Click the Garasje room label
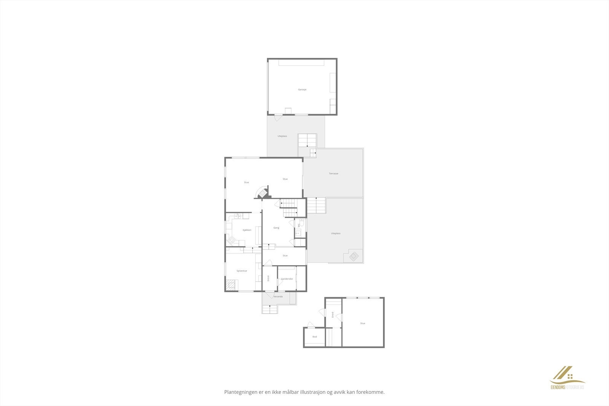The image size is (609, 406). click(x=302, y=89)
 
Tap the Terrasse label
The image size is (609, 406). click(x=333, y=174)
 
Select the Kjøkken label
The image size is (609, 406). click(x=247, y=230)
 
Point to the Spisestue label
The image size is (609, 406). click(x=242, y=271)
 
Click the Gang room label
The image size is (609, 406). click(x=276, y=228)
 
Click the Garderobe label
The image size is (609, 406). click(x=287, y=279)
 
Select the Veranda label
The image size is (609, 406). click(x=278, y=296)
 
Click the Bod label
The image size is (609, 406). click(x=314, y=337)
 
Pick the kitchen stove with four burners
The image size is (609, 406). click(x=230, y=240)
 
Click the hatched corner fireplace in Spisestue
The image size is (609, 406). click(x=231, y=285)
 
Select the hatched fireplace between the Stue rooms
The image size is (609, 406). click(x=263, y=193)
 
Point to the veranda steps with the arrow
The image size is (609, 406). click(x=270, y=309)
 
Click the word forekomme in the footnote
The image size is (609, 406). click(x=371, y=392)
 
